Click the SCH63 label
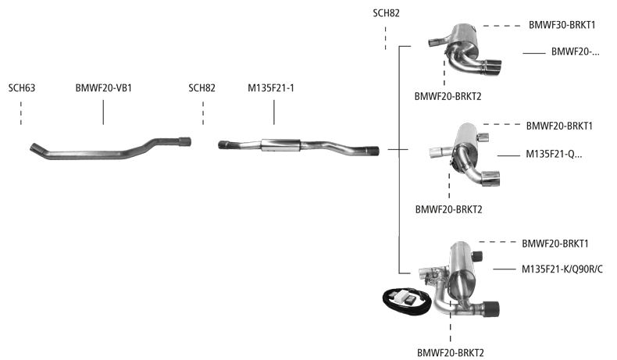22,88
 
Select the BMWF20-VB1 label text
103,88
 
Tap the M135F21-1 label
273,88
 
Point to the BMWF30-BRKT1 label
562,25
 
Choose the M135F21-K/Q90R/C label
562,269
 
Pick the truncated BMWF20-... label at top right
575,52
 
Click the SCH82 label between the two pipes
202,88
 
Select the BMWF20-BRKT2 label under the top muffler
447,96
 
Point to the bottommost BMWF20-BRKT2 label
451,353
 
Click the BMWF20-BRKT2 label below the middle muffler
449,209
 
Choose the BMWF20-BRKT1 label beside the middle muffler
559,125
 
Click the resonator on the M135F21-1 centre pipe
280,144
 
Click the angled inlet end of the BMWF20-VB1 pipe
37,148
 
